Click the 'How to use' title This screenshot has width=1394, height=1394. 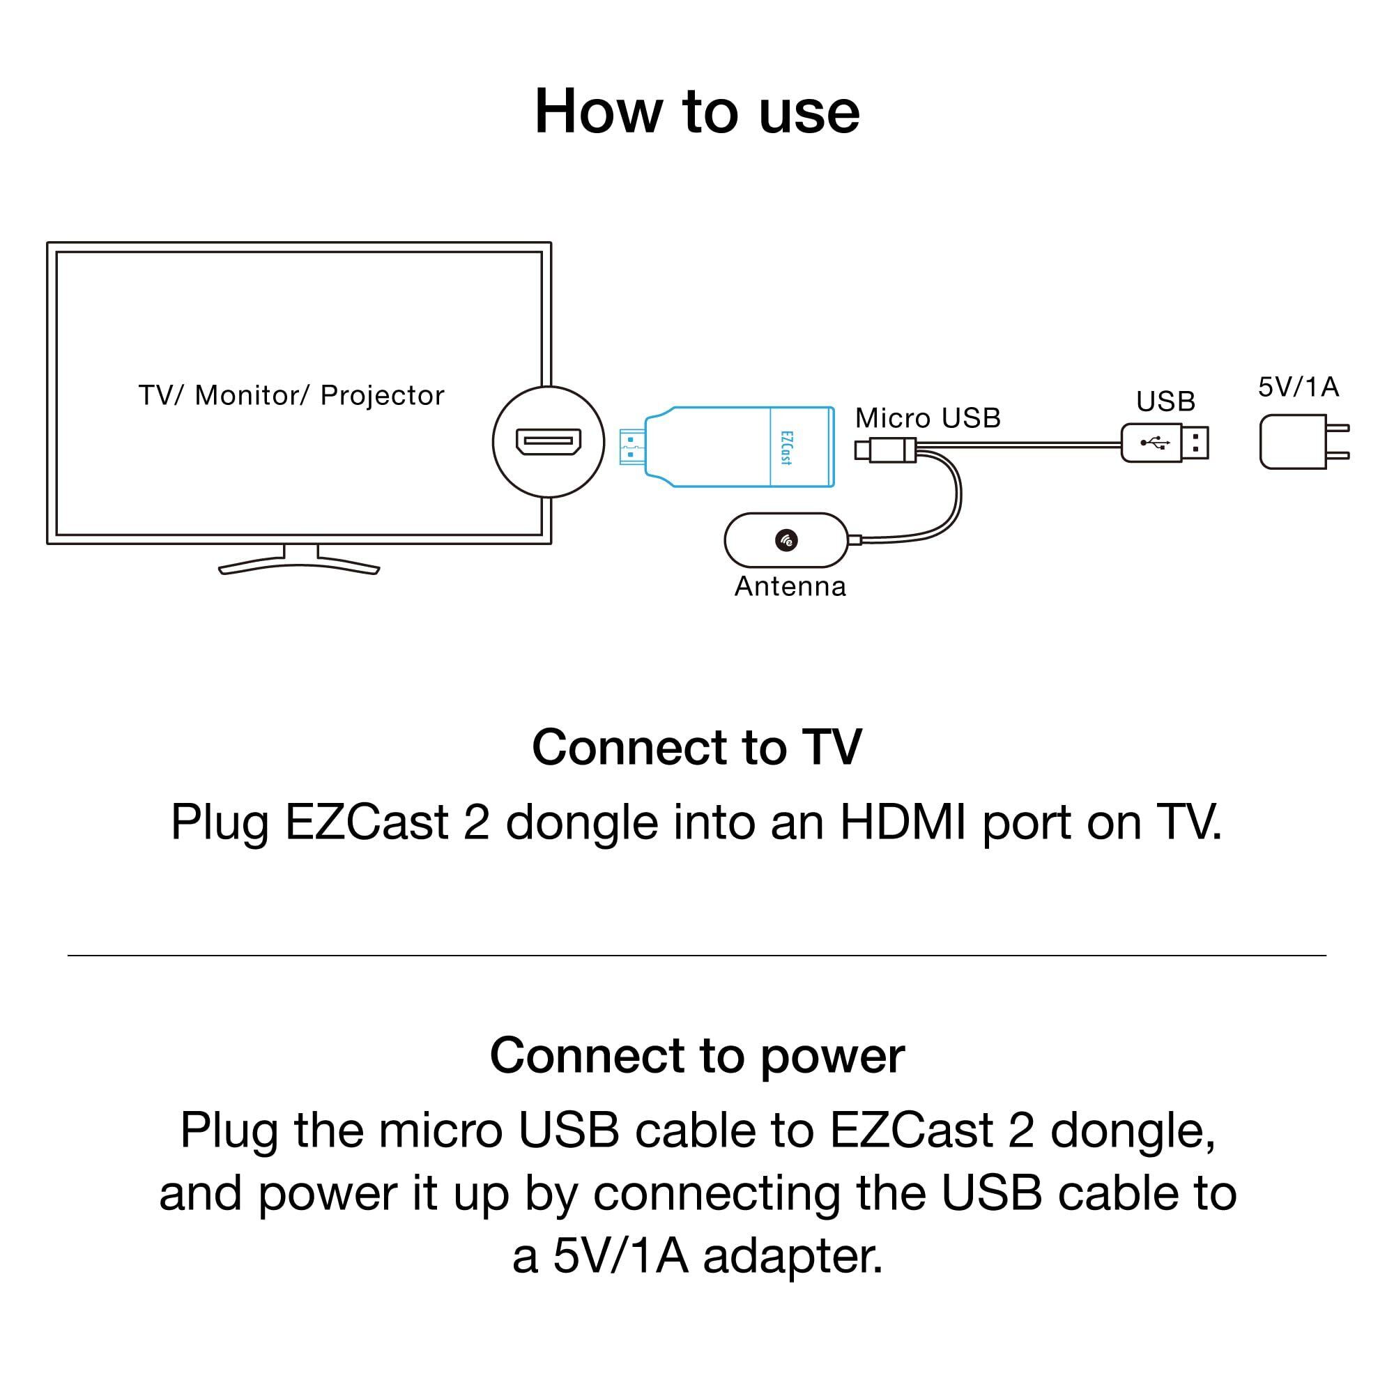pos(697,112)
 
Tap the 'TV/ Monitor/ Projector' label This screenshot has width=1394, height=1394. pos(291,395)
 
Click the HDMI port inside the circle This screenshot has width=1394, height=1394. pos(549,442)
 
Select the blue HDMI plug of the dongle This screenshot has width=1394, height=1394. pos(631,447)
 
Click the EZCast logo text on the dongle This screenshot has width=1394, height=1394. pos(786,447)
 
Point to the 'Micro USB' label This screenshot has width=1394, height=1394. pos(927,418)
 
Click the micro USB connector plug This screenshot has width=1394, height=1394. pos(886,450)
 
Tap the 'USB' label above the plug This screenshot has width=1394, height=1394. pos(1165,401)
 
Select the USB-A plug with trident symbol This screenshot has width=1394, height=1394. pos(1163,443)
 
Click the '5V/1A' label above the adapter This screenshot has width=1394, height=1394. pos(1298,388)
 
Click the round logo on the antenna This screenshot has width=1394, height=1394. pos(786,539)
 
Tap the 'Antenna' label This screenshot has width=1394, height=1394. pos(790,587)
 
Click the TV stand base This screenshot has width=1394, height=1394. pos(299,567)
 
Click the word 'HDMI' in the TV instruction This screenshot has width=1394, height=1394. pos(903,822)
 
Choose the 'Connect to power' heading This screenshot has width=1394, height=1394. pos(697,1055)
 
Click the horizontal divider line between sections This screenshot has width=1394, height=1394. pos(697,956)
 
